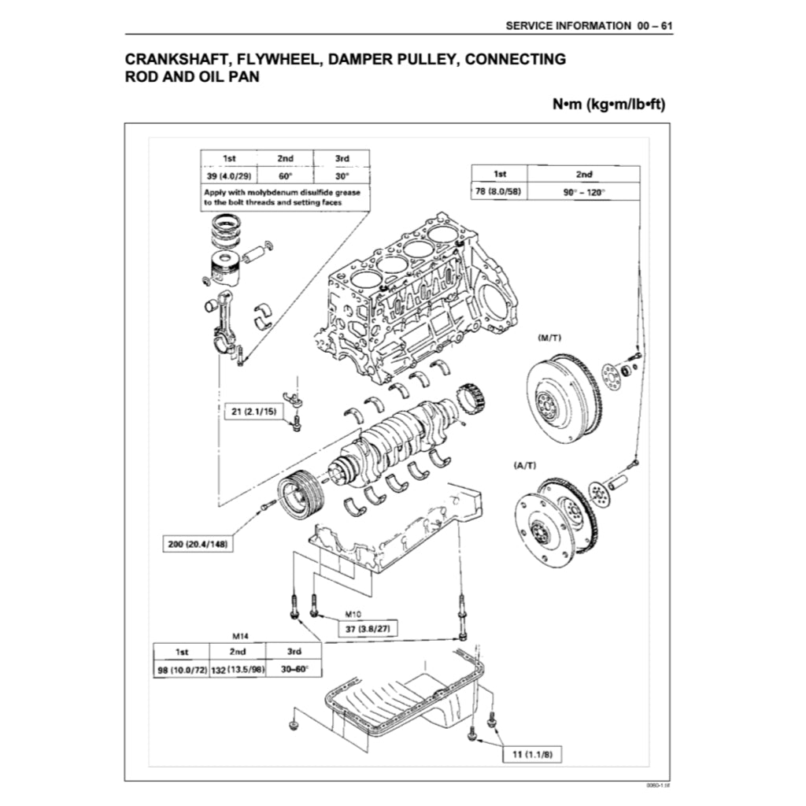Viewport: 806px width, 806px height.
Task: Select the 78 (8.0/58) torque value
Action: click(499, 191)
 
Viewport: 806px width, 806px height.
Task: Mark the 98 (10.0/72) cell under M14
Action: click(181, 670)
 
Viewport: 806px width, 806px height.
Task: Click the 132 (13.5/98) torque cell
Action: click(237, 670)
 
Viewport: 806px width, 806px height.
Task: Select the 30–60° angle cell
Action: click(294, 670)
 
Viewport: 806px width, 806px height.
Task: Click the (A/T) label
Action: click(525, 466)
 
